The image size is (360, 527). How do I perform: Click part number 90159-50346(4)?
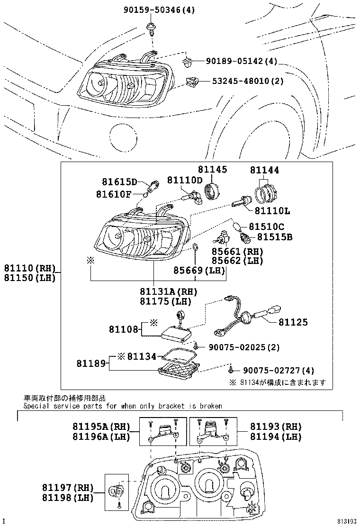point(158,9)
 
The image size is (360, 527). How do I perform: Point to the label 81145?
point(212,170)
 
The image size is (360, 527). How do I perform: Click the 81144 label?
point(264,170)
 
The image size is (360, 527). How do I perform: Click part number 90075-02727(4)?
point(279,371)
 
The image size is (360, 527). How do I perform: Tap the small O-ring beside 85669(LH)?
point(195,248)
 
